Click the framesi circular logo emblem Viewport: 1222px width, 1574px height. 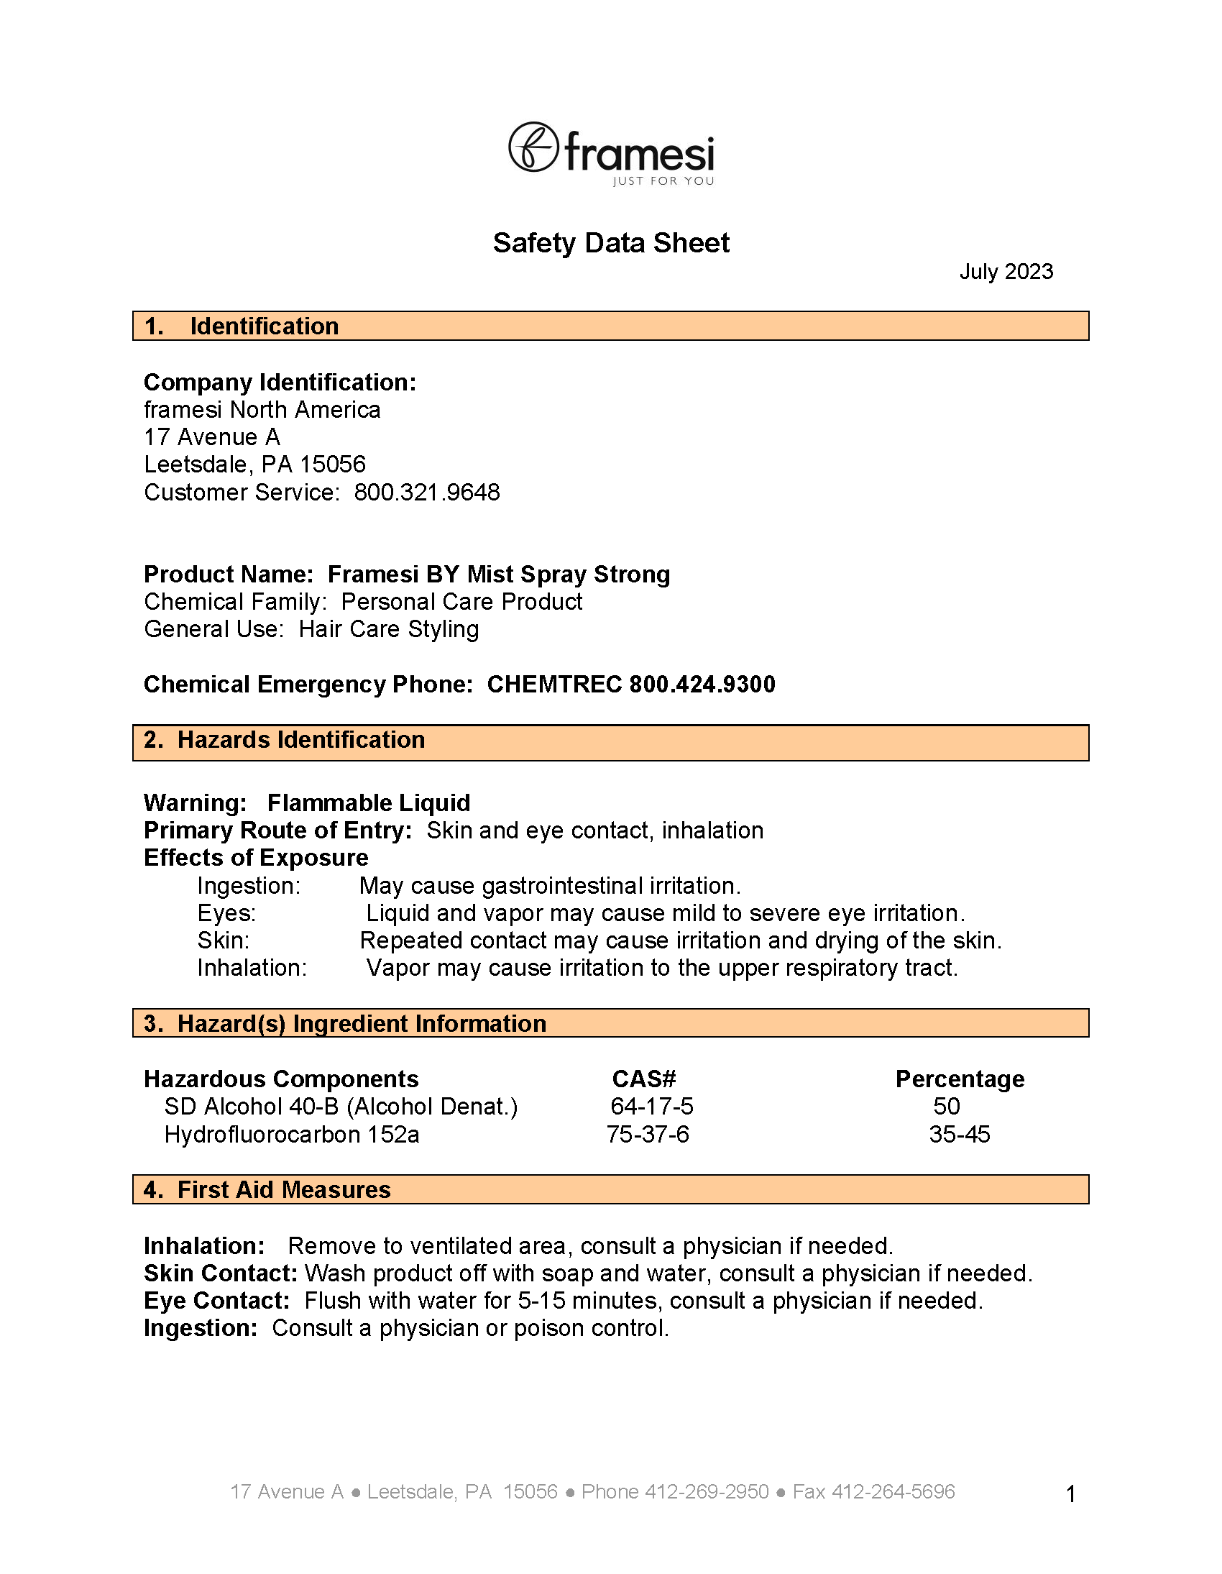(x=533, y=146)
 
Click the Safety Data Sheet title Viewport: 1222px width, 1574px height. (x=610, y=243)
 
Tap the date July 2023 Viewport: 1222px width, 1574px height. (x=1006, y=272)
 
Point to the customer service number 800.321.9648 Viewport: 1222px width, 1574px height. (x=426, y=493)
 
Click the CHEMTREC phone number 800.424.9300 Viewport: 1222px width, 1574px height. (x=702, y=684)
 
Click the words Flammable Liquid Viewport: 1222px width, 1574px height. (x=368, y=803)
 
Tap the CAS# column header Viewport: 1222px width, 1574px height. (x=643, y=1079)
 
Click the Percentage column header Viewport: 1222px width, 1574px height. (x=959, y=1079)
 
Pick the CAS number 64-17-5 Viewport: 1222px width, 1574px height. (x=651, y=1107)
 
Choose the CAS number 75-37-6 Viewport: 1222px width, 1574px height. (x=648, y=1135)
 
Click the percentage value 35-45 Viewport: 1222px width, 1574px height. (x=959, y=1135)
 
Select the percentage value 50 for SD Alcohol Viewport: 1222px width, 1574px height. (x=946, y=1107)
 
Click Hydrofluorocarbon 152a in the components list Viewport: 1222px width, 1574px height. (x=292, y=1135)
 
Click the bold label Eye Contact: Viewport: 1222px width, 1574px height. (x=216, y=1301)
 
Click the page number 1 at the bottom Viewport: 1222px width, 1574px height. (x=1071, y=1494)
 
